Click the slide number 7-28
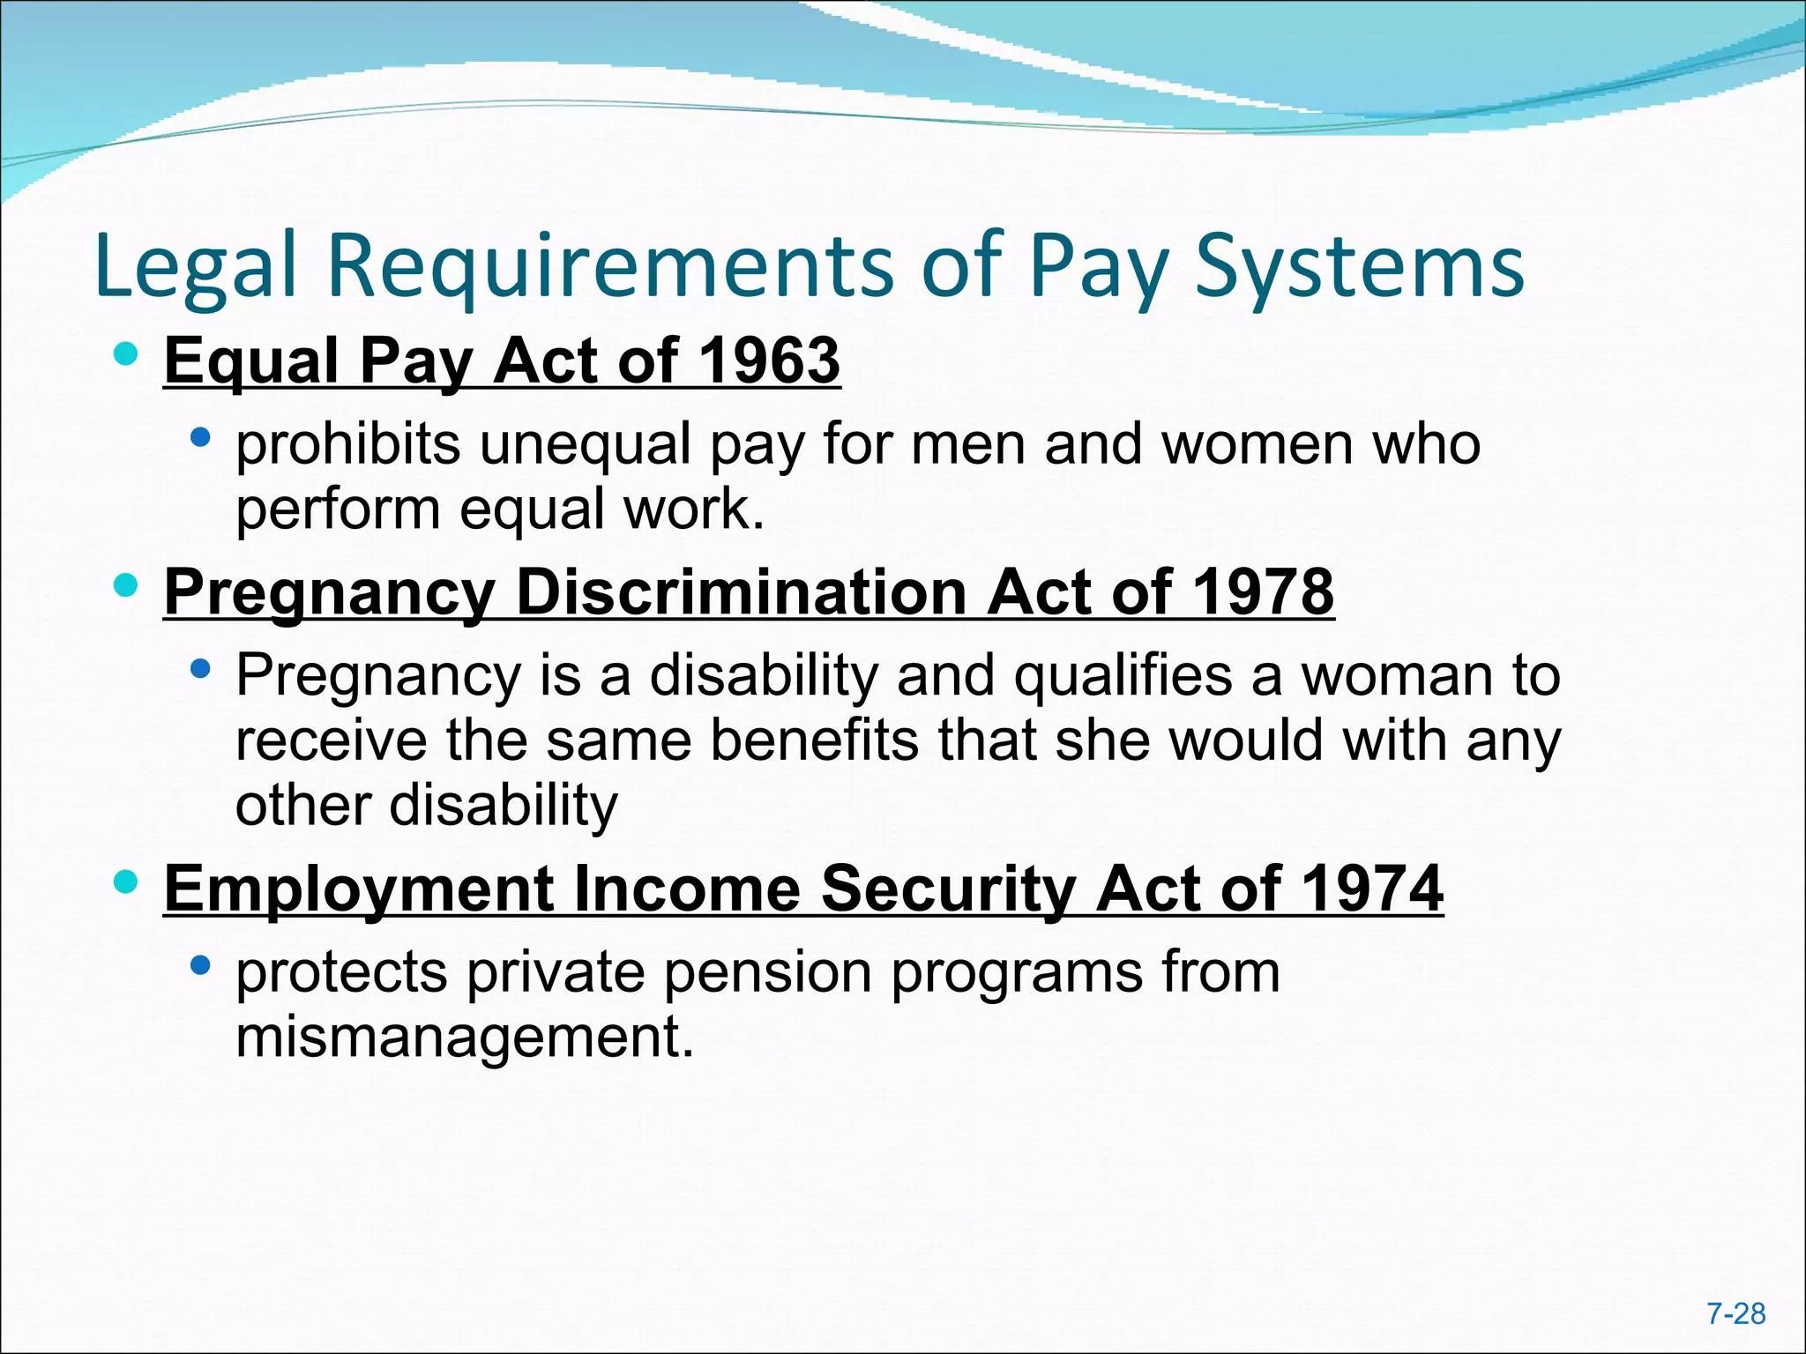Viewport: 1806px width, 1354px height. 1735,1313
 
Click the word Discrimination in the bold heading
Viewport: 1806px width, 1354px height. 741,591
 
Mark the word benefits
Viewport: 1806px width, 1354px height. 814,740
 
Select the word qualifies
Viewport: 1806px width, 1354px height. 1122,676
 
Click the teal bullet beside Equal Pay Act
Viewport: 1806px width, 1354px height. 126,355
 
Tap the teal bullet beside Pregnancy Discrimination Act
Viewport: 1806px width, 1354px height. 126,585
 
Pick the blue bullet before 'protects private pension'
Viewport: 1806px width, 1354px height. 200,966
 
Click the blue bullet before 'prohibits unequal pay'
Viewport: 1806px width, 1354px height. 200,437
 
